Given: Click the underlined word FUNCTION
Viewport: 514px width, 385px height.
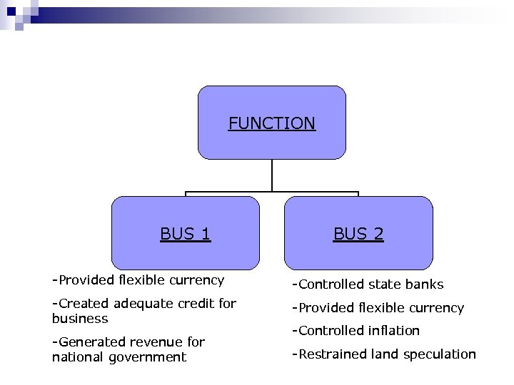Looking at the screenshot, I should (271, 123).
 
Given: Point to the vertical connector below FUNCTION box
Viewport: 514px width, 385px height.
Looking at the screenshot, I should (272, 175).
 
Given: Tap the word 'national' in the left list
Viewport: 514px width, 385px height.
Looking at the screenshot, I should (79, 357).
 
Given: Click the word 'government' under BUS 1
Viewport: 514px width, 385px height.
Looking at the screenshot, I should (148, 357).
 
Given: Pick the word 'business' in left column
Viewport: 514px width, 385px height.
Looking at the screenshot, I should (80, 319).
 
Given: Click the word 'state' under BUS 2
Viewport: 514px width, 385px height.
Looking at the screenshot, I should (384, 284).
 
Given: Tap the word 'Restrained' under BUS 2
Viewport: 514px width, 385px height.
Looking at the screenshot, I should (333, 354).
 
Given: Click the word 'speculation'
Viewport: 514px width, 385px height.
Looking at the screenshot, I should (439, 354).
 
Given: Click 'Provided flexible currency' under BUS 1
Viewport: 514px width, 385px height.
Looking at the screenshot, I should (138, 280).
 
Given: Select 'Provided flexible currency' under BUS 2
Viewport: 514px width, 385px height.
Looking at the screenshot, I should (379, 308).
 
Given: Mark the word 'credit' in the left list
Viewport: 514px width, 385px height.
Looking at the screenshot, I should (196, 304).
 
